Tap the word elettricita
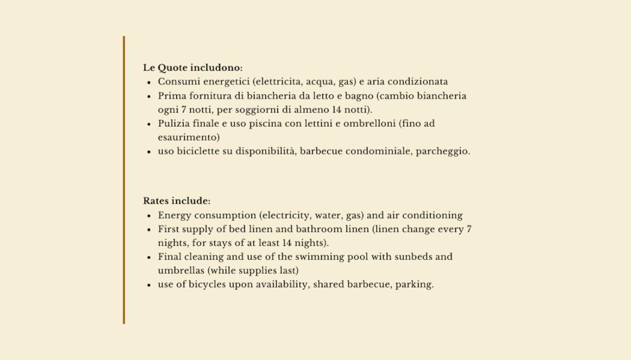[x=278, y=82]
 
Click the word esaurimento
[x=188, y=137]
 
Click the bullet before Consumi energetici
[x=149, y=82]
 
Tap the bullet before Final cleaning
[x=149, y=257]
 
